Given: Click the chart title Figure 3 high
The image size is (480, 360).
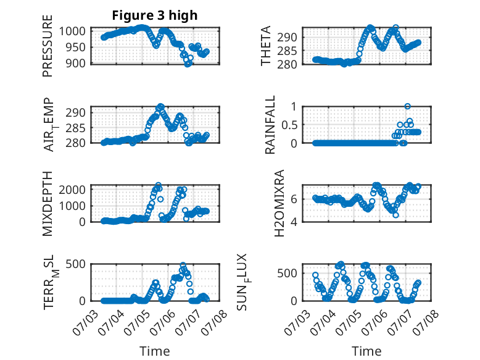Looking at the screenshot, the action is (155, 15).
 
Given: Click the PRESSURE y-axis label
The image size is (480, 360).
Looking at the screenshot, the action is (48, 46).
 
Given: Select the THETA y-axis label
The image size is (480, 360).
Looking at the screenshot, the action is (266, 46).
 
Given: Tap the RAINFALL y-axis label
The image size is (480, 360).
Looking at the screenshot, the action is (270, 125).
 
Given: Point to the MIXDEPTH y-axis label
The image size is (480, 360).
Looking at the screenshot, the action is (48, 204).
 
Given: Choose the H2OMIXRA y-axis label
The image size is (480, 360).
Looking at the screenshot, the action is (279, 203).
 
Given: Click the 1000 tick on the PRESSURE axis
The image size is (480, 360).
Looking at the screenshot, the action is (72, 31).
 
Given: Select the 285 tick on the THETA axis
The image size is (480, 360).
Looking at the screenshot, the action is (287, 51).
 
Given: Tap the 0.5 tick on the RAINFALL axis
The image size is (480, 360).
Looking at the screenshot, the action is (289, 125).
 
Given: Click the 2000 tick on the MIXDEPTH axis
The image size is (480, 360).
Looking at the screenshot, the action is (72, 190).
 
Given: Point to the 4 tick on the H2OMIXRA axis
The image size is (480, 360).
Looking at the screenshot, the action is (294, 222).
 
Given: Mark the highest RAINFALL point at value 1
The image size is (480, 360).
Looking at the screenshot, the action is (407, 106).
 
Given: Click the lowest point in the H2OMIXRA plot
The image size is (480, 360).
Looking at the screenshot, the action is (396, 215).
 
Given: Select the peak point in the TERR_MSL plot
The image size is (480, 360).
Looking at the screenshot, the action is (183, 265).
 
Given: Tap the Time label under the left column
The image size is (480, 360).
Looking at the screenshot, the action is (155, 351).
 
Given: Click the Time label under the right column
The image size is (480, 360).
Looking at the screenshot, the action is (366, 351).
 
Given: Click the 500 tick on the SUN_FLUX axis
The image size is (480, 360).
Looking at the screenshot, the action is (287, 274).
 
